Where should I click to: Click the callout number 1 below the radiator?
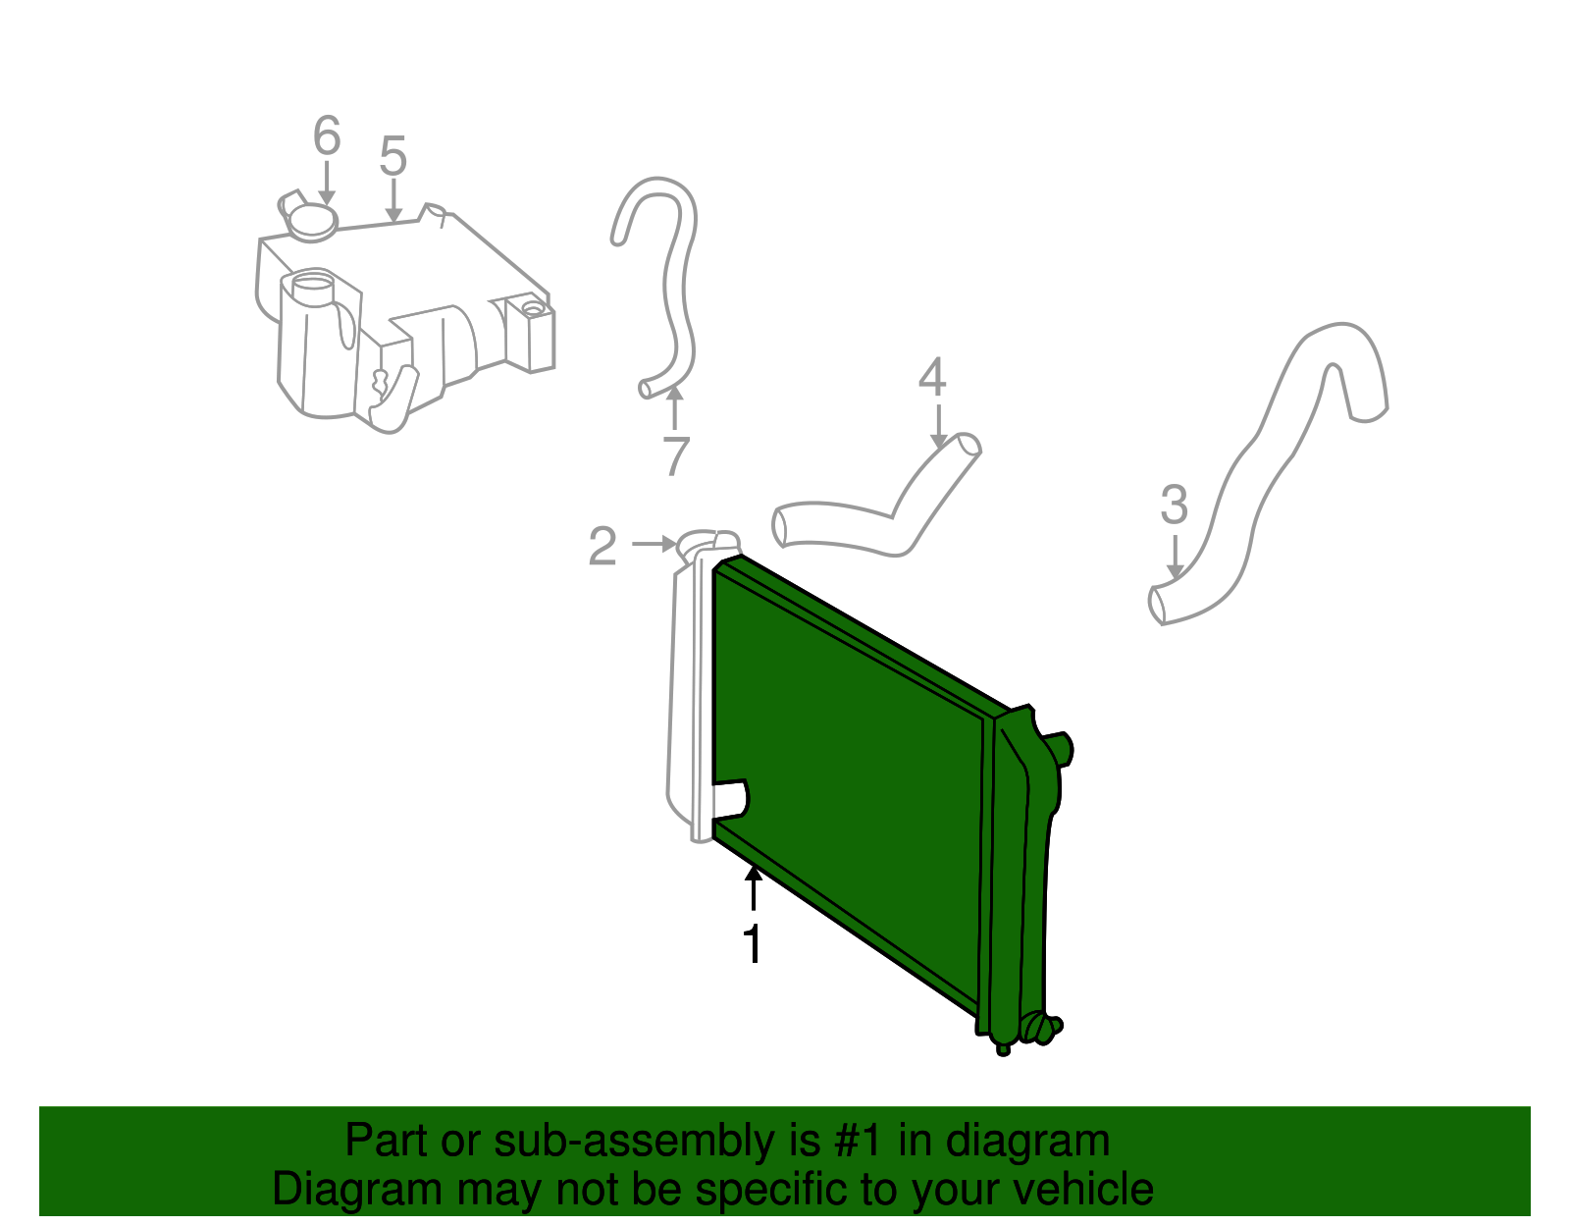click(752, 944)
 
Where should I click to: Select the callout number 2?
click(602, 546)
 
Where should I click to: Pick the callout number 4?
click(931, 377)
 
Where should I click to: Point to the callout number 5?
click(392, 157)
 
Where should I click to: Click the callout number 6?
click(326, 135)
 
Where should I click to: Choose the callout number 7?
click(675, 455)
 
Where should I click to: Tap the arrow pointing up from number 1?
click(753, 887)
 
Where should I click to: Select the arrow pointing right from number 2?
click(654, 543)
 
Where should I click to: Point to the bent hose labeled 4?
click(883, 510)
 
